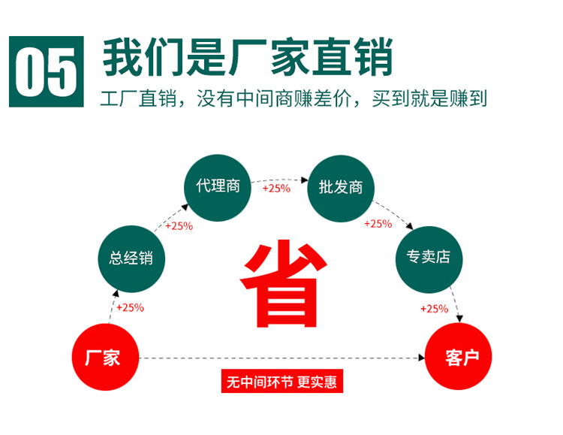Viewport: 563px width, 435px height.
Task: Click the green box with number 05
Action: point(46,71)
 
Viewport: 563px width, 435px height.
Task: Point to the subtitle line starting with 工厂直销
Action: point(294,98)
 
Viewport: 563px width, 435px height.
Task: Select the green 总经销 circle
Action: point(131,259)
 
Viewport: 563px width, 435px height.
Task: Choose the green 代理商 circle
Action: point(218,186)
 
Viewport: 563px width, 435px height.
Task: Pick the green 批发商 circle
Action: point(341,187)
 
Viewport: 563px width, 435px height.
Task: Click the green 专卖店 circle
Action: point(428,259)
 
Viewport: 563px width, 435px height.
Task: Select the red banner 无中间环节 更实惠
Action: point(282,382)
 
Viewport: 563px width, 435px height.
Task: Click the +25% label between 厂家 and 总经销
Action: point(130,307)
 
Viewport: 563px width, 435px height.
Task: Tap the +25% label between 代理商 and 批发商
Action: point(276,189)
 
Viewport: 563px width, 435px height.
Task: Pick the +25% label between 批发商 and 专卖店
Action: point(378,224)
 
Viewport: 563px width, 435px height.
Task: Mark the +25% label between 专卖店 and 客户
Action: point(434,309)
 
